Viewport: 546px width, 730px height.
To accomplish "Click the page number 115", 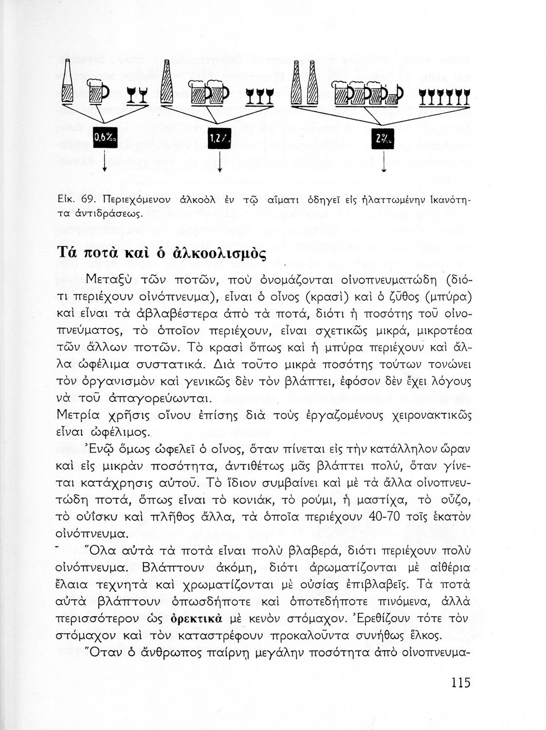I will click(x=460, y=682).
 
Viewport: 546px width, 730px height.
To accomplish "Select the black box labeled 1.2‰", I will click(x=219, y=139).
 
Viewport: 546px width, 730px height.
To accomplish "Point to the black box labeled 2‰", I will click(x=383, y=139).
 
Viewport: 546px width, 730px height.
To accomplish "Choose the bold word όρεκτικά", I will click(x=197, y=619).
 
